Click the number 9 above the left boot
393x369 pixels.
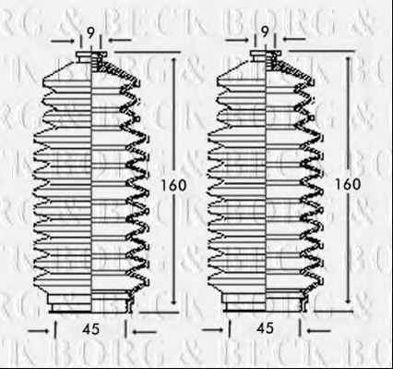tap(90, 33)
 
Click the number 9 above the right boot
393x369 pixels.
tap(265, 32)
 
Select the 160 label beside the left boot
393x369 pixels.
tap(174, 185)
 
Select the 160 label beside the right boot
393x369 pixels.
tap(348, 184)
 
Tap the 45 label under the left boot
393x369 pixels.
tap(91, 329)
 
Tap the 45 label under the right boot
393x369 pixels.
tap(265, 328)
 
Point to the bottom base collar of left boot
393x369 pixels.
tap(91, 302)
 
